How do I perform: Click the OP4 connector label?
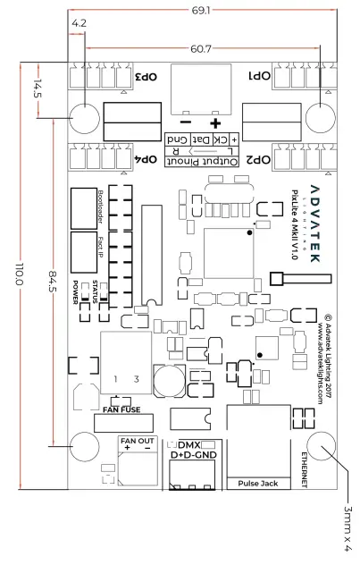pos(144,158)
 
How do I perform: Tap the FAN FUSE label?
pos(122,409)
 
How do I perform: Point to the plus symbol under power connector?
pos(214,122)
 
